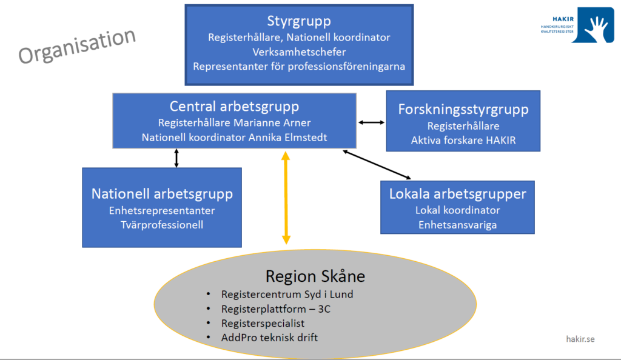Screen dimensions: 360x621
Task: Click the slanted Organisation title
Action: click(77, 46)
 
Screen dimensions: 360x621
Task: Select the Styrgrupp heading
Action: click(299, 21)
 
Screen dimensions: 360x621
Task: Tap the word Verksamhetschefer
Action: click(299, 52)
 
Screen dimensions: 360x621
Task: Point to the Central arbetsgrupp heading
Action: click(234, 107)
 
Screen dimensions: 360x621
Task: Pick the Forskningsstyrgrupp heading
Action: click(463, 109)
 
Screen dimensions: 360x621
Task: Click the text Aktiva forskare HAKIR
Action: click(463, 141)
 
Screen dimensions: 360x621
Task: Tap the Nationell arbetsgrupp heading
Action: click(162, 194)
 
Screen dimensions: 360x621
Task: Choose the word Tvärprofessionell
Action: click(162, 225)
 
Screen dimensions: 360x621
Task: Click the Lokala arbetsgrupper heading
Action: click(457, 194)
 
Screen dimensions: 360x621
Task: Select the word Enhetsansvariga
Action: click(457, 225)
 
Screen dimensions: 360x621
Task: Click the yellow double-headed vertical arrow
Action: click(286, 198)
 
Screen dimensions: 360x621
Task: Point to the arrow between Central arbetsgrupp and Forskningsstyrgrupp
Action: click(371, 122)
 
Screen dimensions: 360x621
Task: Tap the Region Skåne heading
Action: click(315, 277)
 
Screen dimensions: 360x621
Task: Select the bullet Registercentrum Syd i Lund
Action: click(287, 295)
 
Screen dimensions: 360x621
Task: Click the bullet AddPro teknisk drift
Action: click(269, 337)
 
